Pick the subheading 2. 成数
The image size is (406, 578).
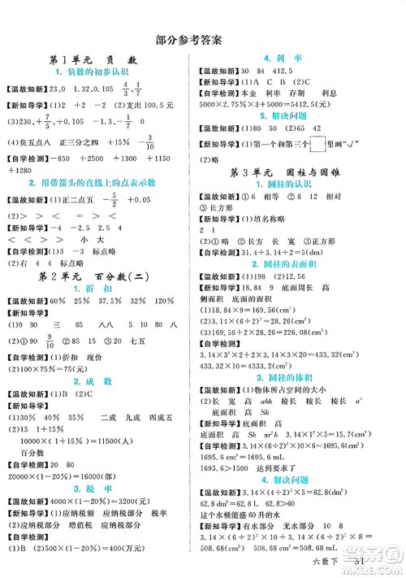click(97, 403)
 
